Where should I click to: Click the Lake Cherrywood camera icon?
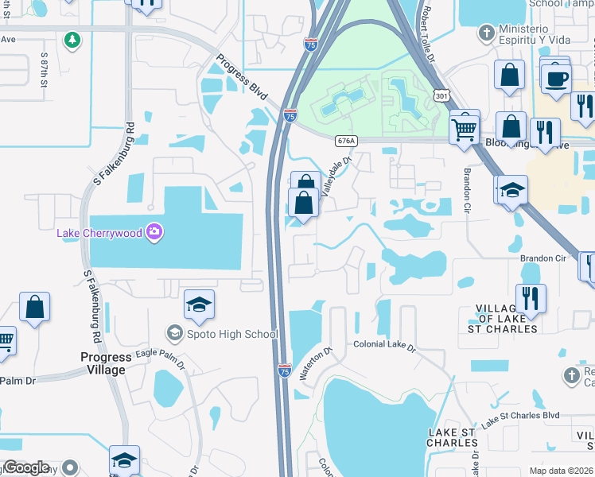[154, 232]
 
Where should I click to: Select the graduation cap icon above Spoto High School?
[199, 305]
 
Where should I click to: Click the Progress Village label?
[103, 363]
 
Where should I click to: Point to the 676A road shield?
[345, 140]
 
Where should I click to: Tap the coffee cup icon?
[556, 78]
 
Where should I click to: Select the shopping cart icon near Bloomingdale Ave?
[464, 126]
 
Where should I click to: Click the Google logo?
[26, 467]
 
